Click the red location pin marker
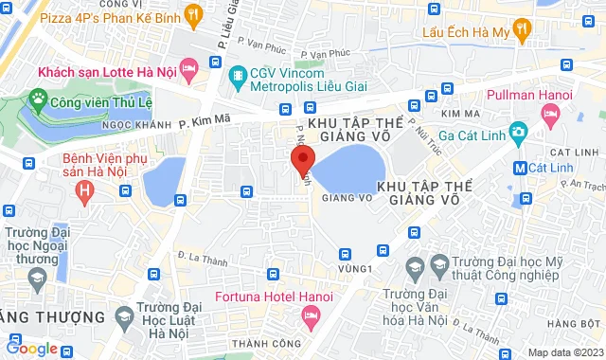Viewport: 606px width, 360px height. tap(302, 159)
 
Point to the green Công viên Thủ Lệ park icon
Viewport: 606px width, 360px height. tap(39, 98)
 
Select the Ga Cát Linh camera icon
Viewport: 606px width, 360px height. tap(517, 131)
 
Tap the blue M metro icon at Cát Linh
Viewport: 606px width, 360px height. tap(519, 168)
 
